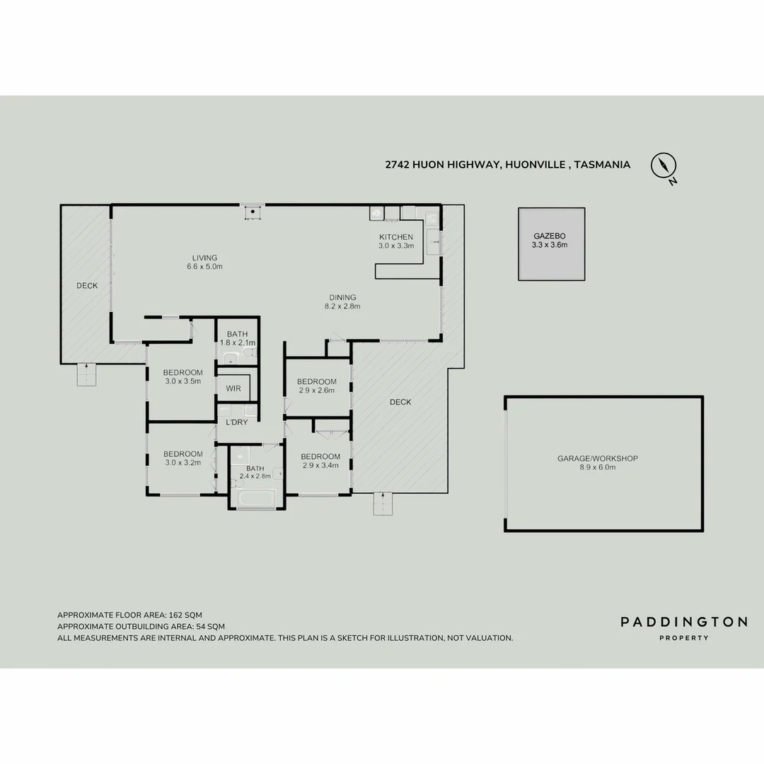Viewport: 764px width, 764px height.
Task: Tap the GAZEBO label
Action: [x=550, y=236]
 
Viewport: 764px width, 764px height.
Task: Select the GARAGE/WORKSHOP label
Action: [x=597, y=458]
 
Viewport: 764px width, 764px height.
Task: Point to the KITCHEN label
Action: [x=395, y=237]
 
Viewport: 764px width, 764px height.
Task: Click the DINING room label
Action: [x=342, y=297]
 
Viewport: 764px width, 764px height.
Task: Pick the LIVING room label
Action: [x=204, y=257]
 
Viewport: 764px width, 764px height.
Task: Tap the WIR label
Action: [x=233, y=388]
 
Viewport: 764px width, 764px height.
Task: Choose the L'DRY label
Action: [x=236, y=422]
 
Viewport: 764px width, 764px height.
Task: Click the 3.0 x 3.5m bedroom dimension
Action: [x=183, y=381]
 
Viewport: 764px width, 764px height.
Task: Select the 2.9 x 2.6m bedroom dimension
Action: [x=316, y=390]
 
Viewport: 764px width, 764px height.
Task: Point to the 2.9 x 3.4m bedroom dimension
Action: [x=320, y=465]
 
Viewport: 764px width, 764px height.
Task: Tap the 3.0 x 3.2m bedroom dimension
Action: [x=183, y=463]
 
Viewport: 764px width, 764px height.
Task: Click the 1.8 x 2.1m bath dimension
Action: [x=237, y=342]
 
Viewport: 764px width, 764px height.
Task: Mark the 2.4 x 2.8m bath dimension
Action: [x=255, y=476]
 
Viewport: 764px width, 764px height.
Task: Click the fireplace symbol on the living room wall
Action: [x=252, y=212]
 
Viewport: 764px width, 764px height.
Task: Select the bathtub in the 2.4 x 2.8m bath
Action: [x=255, y=499]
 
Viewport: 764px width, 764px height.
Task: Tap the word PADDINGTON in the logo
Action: [x=683, y=622]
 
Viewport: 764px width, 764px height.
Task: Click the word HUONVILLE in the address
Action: [x=535, y=165]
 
